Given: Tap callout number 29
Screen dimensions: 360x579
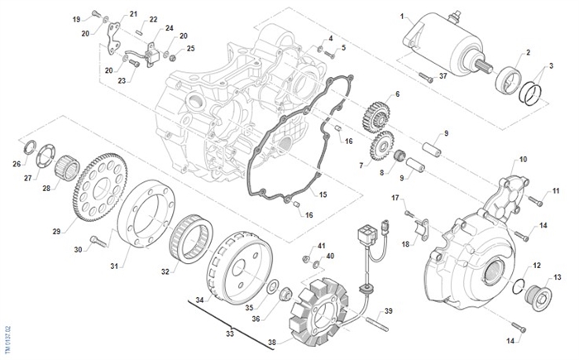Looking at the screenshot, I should point(57,231).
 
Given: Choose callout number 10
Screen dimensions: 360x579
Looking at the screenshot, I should point(523,158).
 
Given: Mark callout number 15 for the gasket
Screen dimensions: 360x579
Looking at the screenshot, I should point(323,194).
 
